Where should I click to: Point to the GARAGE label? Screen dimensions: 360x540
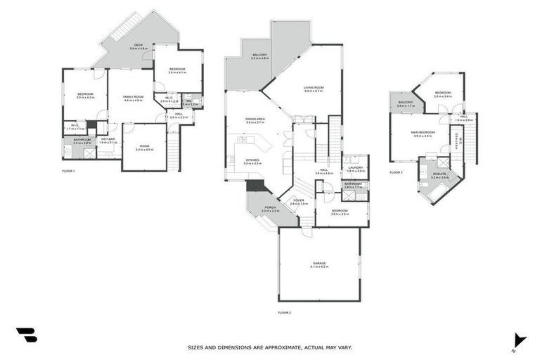pos(320,263)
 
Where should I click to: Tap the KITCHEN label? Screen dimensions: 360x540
pos(252,160)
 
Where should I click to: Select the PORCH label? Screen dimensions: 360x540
pos(271,207)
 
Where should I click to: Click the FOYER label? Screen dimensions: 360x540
pos(299,200)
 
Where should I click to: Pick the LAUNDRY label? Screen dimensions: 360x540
pos(356,167)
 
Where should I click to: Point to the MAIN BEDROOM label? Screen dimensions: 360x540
pos(423,132)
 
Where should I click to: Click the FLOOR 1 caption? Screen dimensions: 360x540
pos(68,172)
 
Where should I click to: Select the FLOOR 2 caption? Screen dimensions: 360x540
pos(284,312)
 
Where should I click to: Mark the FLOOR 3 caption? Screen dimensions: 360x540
pos(397,172)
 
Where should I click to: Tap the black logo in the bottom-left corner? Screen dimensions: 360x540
pos(26,335)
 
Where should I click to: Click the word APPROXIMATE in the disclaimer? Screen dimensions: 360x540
pos(276,347)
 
